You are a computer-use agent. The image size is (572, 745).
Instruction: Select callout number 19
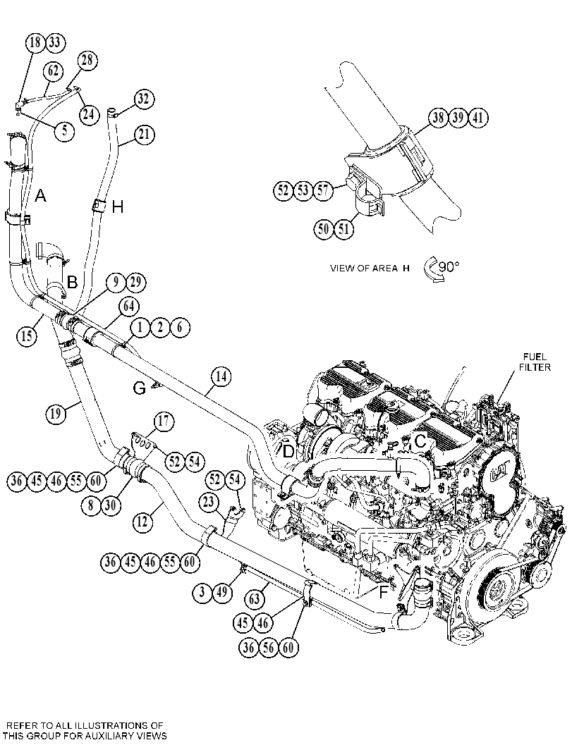pos(56,413)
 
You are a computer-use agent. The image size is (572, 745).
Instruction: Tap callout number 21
pos(145,135)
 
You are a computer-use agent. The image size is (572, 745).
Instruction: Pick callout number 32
pos(144,99)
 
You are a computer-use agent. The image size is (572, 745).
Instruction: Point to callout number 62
pos(54,71)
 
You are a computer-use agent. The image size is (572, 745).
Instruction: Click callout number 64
pos(129,307)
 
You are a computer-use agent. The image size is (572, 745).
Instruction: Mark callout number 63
pos(255,598)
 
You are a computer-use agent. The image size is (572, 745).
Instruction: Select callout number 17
pos(164,421)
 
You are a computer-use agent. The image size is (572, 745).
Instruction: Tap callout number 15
pos(27,335)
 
